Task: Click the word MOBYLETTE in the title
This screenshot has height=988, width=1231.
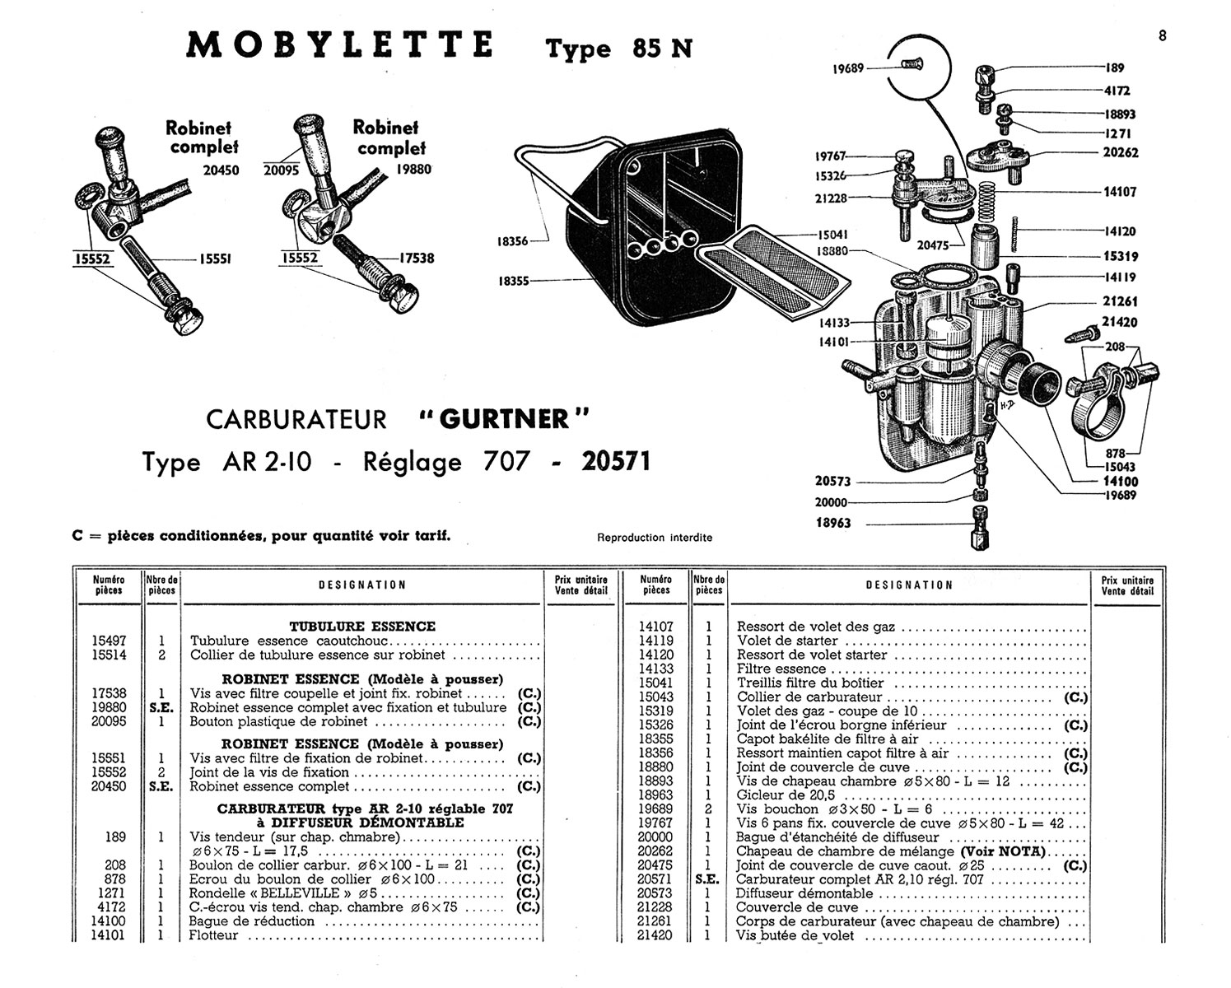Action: pos(339,45)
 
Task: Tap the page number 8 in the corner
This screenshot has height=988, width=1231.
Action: pos(1162,35)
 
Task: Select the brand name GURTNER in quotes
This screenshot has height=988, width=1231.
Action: pos(504,419)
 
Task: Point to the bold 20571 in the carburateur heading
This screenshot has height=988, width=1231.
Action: pos(616,461)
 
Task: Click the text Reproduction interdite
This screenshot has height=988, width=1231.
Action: pos(655,538)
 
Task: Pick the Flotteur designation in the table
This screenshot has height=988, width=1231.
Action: pos(213,934)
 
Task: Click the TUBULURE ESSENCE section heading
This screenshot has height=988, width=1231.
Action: pos(362,626)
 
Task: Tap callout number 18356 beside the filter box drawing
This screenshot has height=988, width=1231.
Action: pos(512,241)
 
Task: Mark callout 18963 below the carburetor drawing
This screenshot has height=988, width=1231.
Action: pos(833,523)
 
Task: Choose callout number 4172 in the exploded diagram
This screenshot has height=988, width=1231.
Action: pos(1117,91)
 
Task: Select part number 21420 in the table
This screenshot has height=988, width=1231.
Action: pos(655,934)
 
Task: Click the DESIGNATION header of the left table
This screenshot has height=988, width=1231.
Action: pos(362,585)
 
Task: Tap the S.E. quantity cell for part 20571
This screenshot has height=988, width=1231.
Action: pos(708,879)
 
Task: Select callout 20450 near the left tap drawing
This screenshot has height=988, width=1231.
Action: pos(221,170)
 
